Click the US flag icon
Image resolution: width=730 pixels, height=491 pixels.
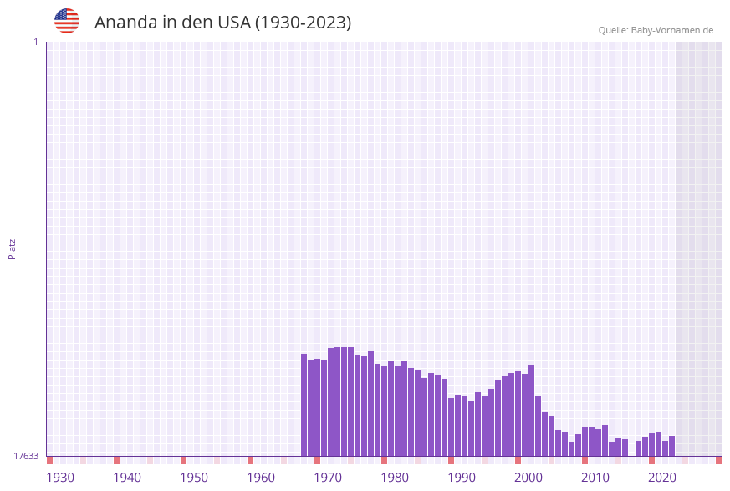coord(67,21)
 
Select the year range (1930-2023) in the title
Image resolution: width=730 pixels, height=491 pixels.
coord(303,23)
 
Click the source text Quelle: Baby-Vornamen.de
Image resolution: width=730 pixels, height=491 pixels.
coord(656,30)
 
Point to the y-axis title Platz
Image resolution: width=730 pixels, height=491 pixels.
coord(13,248)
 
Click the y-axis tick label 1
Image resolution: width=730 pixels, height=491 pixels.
coord(35,42)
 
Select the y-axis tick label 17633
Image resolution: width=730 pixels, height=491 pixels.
coord(26,456)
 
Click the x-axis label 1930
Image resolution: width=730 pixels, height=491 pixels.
coord(60,478)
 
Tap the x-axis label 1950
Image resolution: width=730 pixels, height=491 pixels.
coord(194,478)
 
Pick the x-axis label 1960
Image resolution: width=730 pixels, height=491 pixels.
coord(261,478)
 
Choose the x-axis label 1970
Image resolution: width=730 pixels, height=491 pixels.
coord(328,478)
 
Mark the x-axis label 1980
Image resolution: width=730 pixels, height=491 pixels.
coord(395,478)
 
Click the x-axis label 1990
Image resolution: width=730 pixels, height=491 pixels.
coord(462,478)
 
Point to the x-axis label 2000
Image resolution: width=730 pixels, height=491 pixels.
coord(528,478)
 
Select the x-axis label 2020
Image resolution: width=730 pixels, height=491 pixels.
coord(662,478)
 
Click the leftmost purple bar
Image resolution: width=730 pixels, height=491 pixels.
coord(304,405)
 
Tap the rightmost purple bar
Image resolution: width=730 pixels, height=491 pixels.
coord(671,446)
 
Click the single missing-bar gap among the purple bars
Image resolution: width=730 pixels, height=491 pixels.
coord(631,448)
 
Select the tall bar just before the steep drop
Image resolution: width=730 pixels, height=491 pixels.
coord(531,410)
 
